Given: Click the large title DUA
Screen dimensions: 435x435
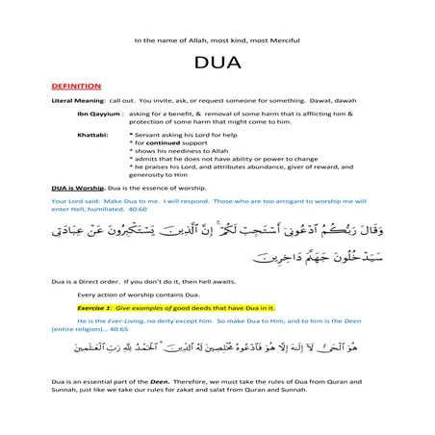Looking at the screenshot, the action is point(217,68).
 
